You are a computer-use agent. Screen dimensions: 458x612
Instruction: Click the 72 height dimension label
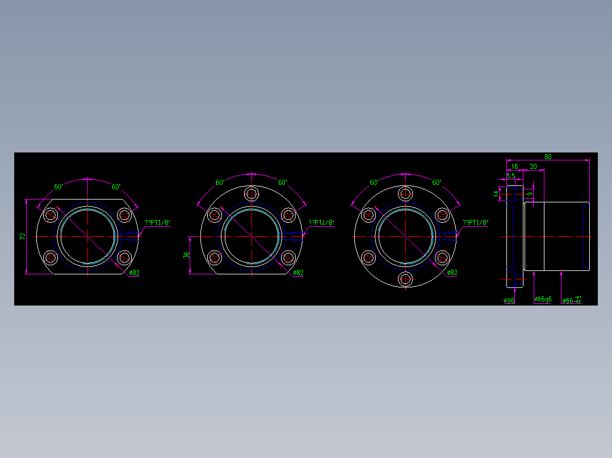pyautogui.click(x=23, y=236)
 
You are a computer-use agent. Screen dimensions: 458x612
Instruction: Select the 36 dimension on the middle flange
pyautogui.click(x=186, y=255)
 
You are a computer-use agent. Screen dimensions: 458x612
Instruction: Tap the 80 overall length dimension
pyautogui.click(x=548, y=156)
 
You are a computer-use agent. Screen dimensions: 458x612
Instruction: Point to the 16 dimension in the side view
pyautogui.click(x=514, y=167)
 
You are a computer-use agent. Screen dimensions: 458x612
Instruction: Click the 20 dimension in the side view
pyautogui.click(x=533, y=167)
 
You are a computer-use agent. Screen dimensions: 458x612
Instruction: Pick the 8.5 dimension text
pyautogui.click(x=511, y=176)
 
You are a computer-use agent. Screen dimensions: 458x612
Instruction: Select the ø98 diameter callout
pyautogui.click(x=509, y=300)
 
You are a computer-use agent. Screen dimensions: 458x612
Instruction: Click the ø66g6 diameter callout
pyautogui.click(x=543, y=299)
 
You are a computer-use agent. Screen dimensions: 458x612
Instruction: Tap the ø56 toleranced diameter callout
pyautogui.click(x=571, y=300)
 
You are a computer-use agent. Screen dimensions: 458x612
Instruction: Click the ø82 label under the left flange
pyautogui.click(x=134, y=273)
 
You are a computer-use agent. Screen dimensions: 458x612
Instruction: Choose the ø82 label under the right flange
pyautogui.click(x=452, y=273)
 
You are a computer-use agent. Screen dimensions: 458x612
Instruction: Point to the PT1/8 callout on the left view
pyautogui.click(x=157, y=223)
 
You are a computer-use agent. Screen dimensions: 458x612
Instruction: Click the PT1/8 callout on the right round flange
pyautogui.click(x=476, y=223)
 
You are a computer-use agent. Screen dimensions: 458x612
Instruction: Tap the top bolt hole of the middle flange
pyautogui.click(x=251, y=194)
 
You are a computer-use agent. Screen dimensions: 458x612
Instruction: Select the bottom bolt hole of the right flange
pyautogui.click(x=405, y=278)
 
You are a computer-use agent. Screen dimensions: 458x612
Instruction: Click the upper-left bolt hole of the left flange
pyautogui.click(x=51, y=215)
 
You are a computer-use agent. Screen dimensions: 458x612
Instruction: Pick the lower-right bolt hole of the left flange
pyautogui.click(x=124, y=258)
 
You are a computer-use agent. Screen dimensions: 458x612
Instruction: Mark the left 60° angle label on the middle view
pyautogui.click(x=220, y=183)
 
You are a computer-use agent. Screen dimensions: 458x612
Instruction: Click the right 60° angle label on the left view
pyautogui.click(x=116, y=186)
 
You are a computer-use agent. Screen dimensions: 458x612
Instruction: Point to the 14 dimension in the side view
pyautogui.click(x=496, y=194)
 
